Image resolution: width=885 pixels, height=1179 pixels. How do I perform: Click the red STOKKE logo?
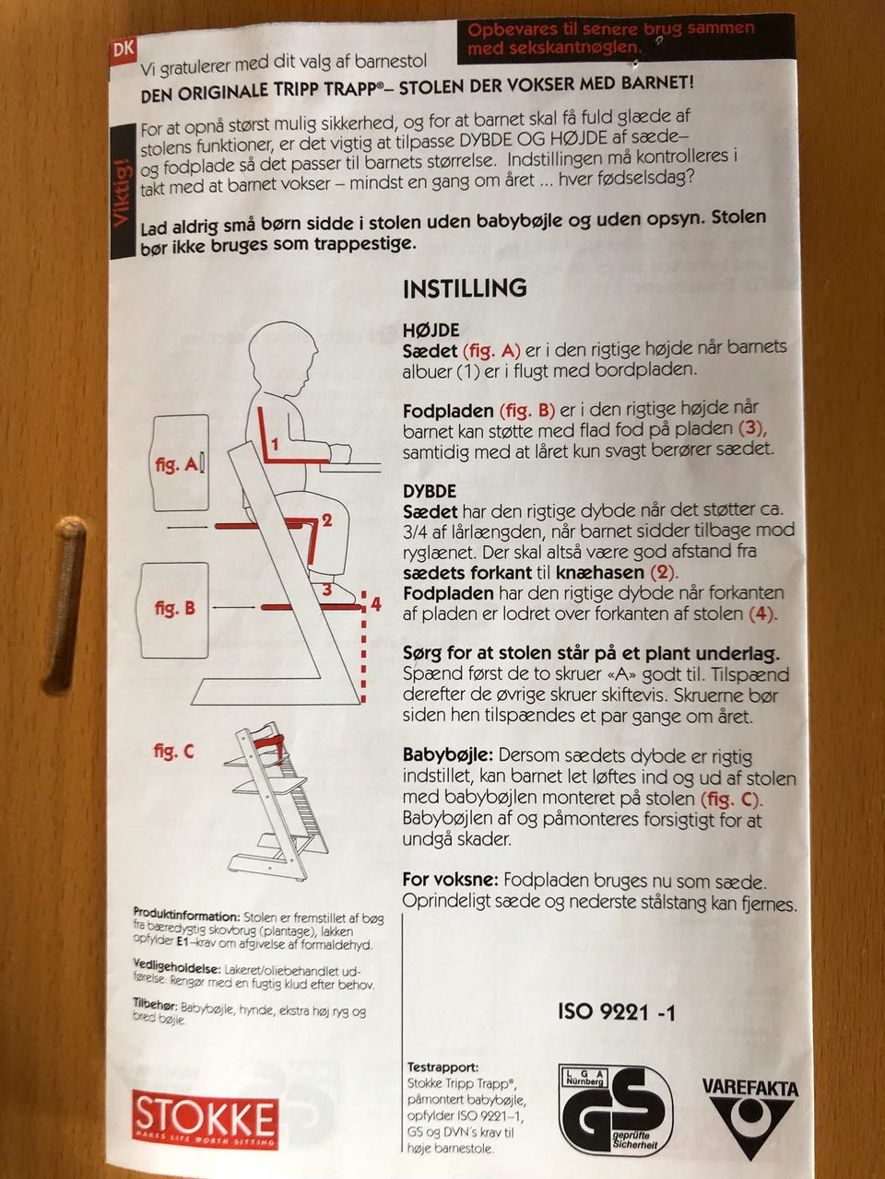tap(205, 1119)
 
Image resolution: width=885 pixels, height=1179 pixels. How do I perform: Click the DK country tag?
tap(123, 49)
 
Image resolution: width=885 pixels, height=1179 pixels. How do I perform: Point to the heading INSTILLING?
tap(465, 288)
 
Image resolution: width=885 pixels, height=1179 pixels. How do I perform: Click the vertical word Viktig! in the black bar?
tap(123, 192)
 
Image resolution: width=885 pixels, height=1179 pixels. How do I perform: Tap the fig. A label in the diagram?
tap(176, 464)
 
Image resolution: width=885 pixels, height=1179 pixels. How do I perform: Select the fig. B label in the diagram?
tap(174, 608)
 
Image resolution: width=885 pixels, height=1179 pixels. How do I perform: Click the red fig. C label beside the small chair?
tap(173, 751)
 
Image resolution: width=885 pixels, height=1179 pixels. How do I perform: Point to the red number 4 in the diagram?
tap(375, 604)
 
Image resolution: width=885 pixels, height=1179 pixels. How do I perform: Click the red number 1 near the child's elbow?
tap(275, 445)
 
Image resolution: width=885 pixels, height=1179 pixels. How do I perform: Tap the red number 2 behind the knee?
tap(326, 519)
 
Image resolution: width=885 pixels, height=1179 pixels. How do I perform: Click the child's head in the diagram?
tap(283, 356)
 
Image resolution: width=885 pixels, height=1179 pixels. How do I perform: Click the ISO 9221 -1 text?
tap(617, 1012)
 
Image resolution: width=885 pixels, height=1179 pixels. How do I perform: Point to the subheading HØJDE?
tap(431, 330)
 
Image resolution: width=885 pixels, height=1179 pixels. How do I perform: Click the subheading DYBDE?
tap(430, 491)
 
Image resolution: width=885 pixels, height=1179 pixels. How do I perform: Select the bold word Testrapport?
tap(442, 1068)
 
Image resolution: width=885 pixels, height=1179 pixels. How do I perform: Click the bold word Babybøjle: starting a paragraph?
tap(448, 755)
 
